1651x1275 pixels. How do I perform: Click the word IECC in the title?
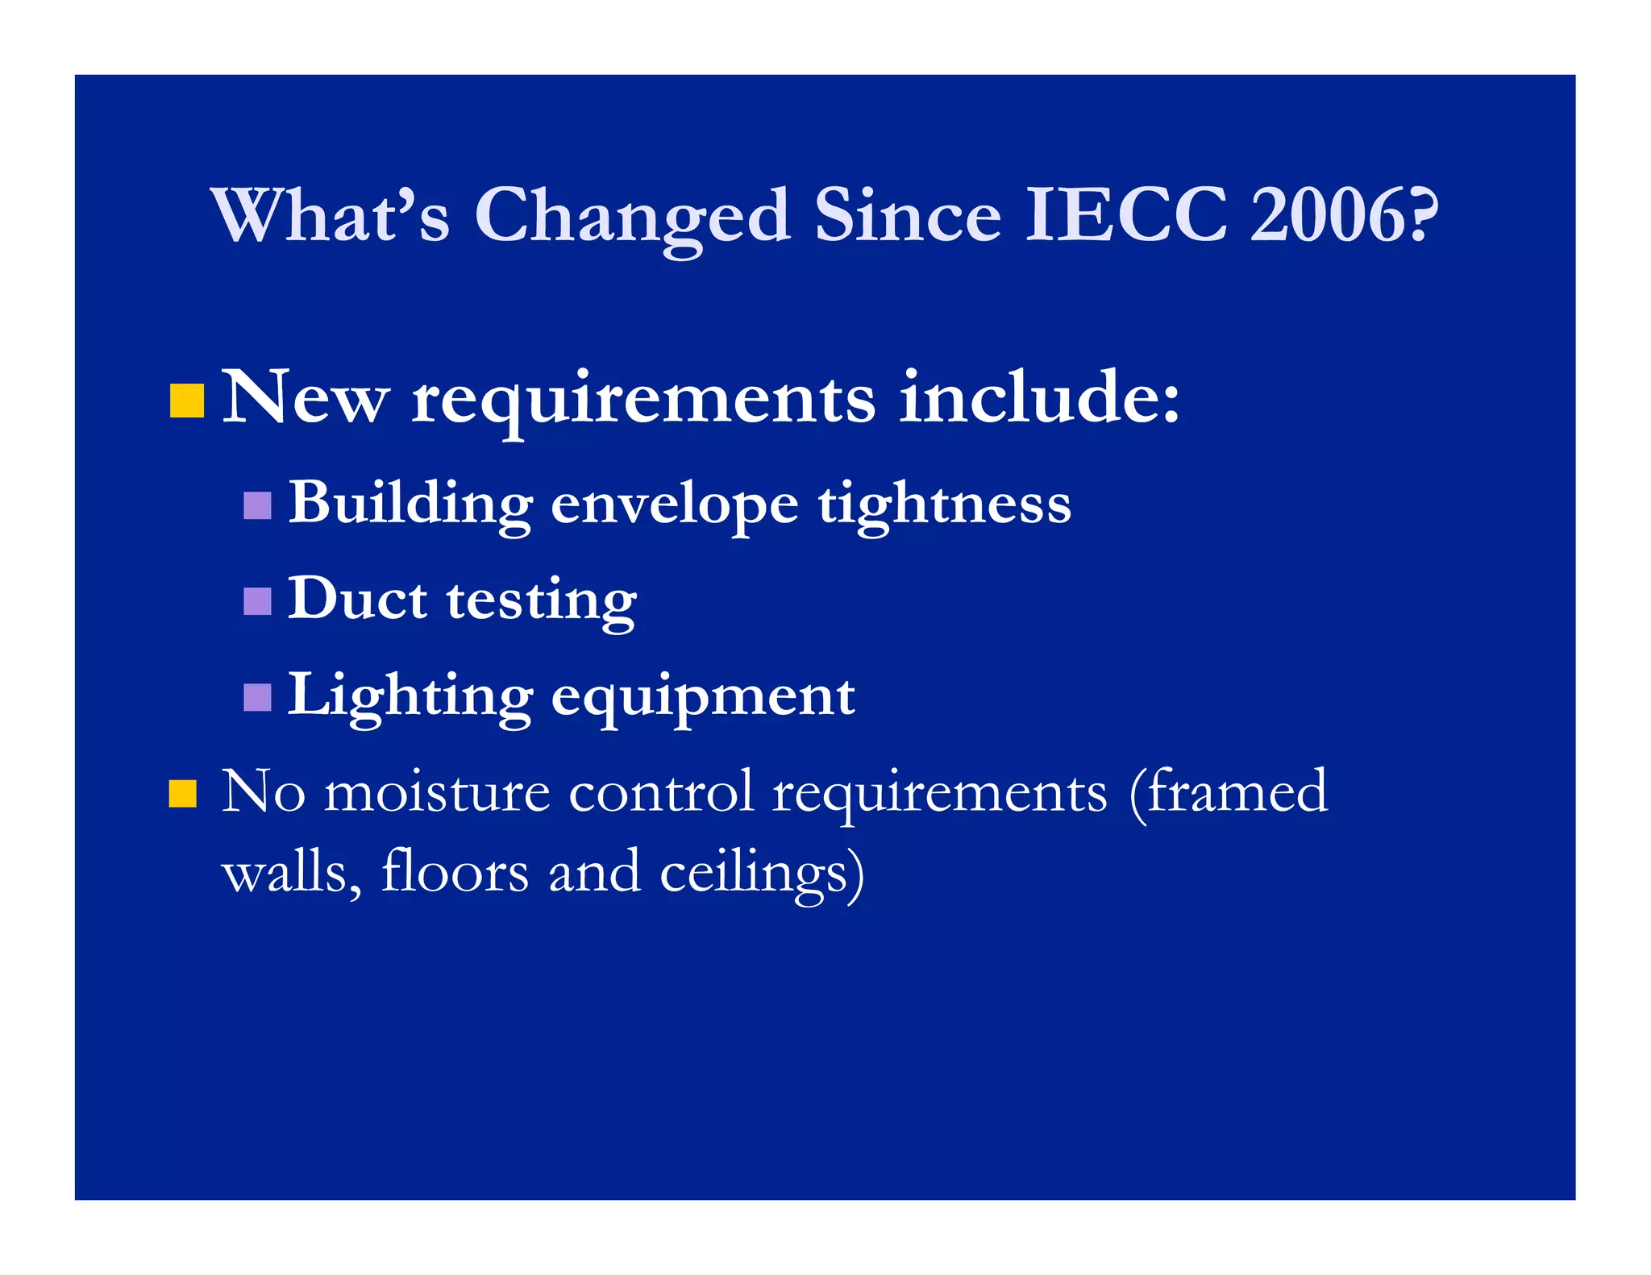(x=1125, y=215)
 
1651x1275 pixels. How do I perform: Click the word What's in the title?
(x=330, y=215)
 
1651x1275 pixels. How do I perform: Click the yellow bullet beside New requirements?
(x=186, y=401)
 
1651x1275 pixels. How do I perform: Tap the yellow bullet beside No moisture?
(x=183, y=793)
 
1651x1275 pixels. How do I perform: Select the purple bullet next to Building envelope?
(x=257, y=505)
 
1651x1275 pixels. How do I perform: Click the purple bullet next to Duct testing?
(x=257, y=601)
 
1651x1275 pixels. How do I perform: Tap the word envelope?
(x=675, y=505)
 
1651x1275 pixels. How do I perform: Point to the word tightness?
(x=945, y=505)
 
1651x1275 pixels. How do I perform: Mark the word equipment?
(x=703, y=698)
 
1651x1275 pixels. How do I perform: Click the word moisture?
(x=437, y=791)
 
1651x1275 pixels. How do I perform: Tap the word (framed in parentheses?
(x=1229, y=793)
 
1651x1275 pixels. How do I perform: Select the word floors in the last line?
(x=455, y=872)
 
